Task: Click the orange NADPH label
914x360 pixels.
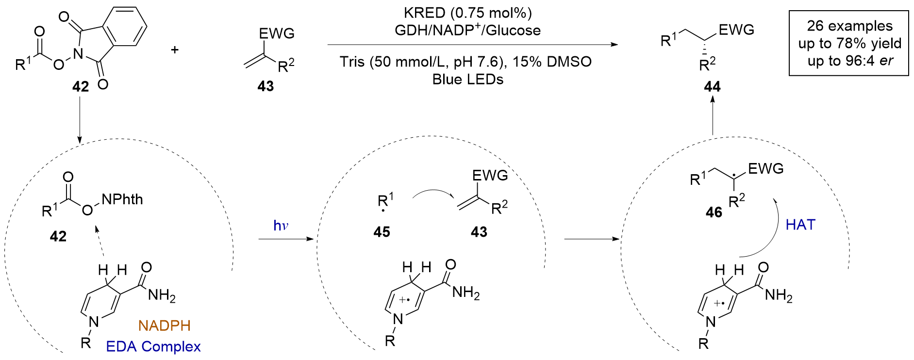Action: coord(164,326)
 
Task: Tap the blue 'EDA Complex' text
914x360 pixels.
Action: coord(153,346)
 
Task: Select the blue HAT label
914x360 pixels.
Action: coord(800,225)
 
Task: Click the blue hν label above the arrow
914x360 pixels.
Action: coord(281,226)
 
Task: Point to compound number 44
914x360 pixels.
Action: coord(712,87)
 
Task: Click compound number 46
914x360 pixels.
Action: coord(714,213)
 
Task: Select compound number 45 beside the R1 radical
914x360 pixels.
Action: coord(382,232)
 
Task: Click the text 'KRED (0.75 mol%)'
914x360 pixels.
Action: coord(468,13)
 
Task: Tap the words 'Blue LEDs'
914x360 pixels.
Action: coord(468,80)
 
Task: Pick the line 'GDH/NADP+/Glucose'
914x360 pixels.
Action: coord(468,30)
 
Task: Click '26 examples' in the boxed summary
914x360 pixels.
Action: coord(849,26)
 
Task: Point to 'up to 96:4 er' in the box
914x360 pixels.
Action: coord(849,61)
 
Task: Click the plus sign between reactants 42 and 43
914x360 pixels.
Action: coord(175,49)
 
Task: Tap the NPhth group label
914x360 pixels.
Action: coord(122,199)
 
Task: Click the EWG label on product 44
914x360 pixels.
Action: coord(736,30)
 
